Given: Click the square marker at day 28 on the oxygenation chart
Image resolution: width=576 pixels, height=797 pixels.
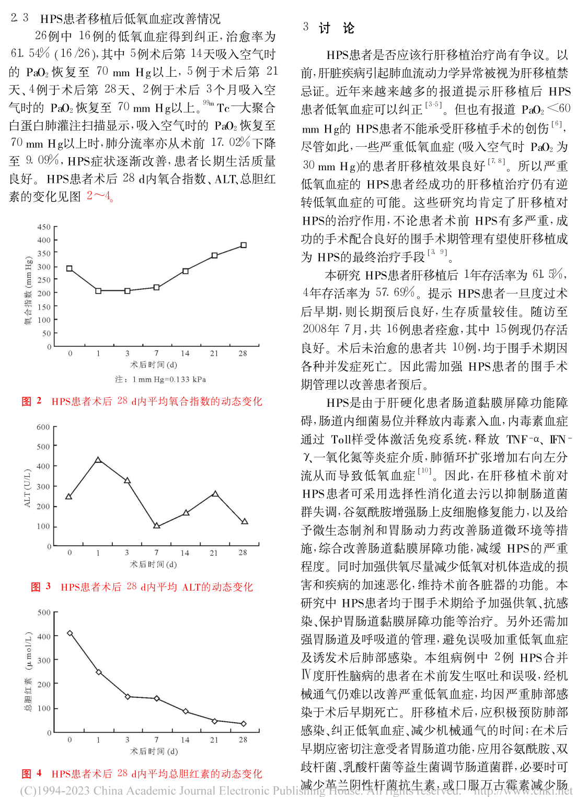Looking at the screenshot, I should pyautogui.click(x=244, y=245).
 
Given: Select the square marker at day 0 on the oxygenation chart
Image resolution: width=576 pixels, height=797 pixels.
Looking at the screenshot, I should pyautogui.click(x=70, y=268).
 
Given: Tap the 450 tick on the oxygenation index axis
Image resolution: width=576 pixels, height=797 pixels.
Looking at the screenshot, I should pyautogui.click(x=44, y=227).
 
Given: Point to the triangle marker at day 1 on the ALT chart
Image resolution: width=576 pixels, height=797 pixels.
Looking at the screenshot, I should pyautogui.click(x=98, y=460).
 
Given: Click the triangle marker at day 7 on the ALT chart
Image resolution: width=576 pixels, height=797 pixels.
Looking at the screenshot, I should pyautogui.click(x=156, y=525).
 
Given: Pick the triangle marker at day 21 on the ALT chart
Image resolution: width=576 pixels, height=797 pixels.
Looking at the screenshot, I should pyautogui.click(x=215, y=494).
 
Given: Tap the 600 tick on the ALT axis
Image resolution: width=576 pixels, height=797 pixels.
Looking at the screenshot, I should pyautogui.click(x=43, y=427).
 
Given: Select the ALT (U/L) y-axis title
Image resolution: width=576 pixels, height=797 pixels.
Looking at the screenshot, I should pyautogui.click(x=27, y=488).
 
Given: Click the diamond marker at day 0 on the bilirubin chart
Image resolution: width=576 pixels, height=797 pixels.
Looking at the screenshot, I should pyautogui.click(x=70, y=633).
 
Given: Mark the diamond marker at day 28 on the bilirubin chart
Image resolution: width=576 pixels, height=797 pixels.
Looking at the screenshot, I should pyautogui.click(x=244, y=723).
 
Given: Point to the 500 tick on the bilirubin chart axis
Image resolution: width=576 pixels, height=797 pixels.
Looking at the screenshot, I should pyautogui.click(x=44, y=613).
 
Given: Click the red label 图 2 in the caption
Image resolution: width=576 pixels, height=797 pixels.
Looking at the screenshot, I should pyautogui.click(x=31, y=401).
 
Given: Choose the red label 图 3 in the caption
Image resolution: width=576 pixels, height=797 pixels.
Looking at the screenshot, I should pyautogui.click(x=41, y=587).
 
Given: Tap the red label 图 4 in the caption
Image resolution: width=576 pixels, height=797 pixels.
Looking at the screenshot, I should pyautogui.click(x=31, y=773).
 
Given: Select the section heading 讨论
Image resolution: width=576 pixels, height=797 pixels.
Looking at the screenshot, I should pyautogui.click(x=336, y=28).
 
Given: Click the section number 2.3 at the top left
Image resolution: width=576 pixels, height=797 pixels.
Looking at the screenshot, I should pyautogui.click(x=19, y=18).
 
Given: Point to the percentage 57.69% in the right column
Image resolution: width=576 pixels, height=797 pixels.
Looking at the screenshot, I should pyautogui.click(x=396, y=293).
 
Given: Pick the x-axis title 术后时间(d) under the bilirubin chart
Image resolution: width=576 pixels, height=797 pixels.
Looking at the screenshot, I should pyautogui.click(x=154, y=752).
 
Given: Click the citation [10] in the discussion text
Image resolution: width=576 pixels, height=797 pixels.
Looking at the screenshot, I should pyautogui.click(x=424, y=471).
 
